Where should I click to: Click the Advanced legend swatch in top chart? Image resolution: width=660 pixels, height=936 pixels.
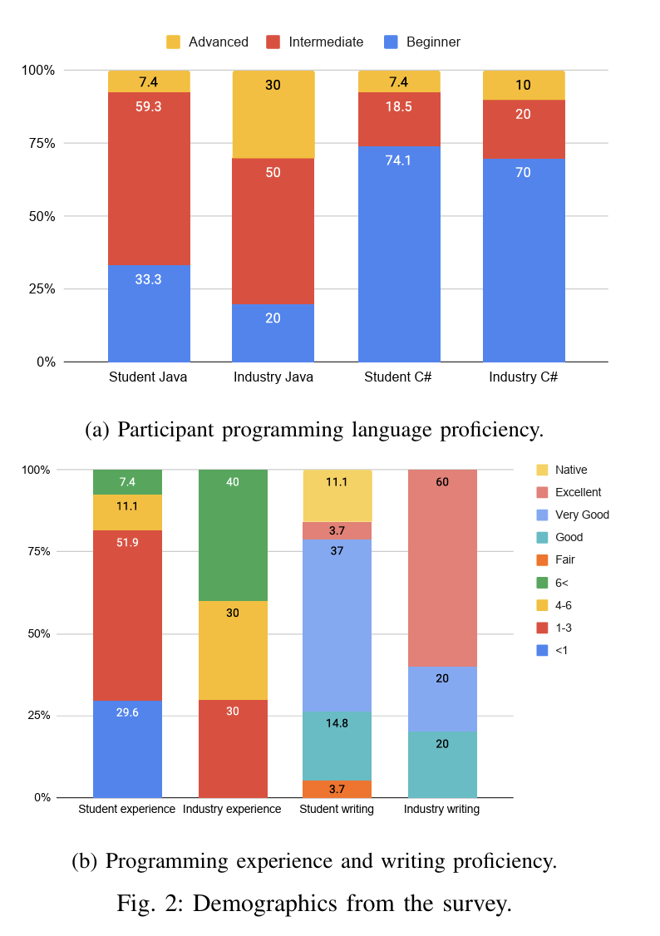point(173,42)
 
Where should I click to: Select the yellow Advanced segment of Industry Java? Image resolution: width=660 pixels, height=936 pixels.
point(273,114)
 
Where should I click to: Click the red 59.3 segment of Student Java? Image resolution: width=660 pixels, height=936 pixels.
point(149,179)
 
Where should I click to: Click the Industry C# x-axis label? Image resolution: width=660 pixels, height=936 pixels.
point(523,377)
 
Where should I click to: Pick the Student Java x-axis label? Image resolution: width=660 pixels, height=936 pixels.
point(148,377)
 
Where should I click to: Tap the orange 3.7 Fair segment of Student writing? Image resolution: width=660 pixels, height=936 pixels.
point(337,789)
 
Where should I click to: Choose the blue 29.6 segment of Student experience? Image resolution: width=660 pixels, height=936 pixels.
point(127,749)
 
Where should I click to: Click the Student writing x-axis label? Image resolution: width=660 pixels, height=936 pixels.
point(337,809)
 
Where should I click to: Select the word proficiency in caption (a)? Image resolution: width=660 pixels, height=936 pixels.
point(490,430)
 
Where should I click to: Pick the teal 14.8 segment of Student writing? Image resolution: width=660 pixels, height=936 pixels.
point(337,746)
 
